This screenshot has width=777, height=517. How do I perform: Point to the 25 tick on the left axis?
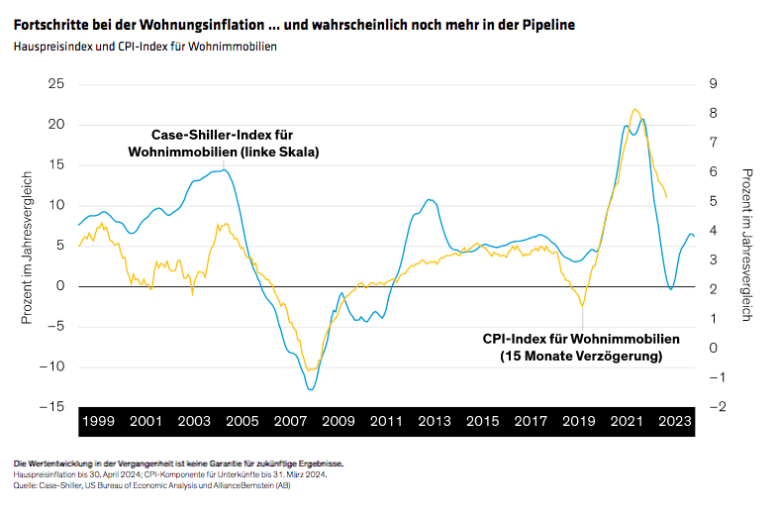point(55,84)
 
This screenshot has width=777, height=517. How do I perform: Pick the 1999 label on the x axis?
point(98,421)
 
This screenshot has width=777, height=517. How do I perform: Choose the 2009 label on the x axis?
point(339,421)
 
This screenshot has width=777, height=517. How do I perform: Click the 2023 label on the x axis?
point(674,421)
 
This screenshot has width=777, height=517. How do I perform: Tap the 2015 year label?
point(482,421)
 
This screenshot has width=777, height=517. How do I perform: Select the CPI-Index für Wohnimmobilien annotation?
point(581,347)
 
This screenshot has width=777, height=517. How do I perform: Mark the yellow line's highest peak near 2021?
point(634,110)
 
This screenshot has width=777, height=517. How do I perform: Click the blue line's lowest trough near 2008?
point(310,389)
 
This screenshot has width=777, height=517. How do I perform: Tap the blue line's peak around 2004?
point(225,170)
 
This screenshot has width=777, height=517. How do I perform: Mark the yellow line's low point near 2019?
point(583,306)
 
